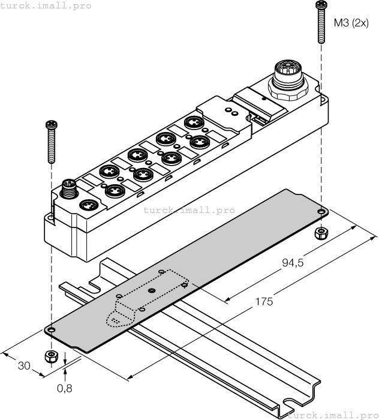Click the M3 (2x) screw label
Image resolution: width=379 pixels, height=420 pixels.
click(350, 23)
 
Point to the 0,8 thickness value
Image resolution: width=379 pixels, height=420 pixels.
click(65, 388)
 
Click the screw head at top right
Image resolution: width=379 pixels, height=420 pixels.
click(319, 5)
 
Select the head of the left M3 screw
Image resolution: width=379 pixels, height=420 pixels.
click(50, 124)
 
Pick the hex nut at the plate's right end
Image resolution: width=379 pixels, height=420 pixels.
click(321, 233)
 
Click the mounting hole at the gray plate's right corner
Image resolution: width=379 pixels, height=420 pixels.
click(321, 212)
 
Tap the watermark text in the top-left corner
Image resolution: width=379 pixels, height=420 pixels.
click(46, 5)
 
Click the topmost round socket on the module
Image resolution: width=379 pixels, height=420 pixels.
click(195, 122)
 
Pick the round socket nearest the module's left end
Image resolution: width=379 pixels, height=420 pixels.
click(88, 205)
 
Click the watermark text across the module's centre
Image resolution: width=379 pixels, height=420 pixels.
click(189, 211)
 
